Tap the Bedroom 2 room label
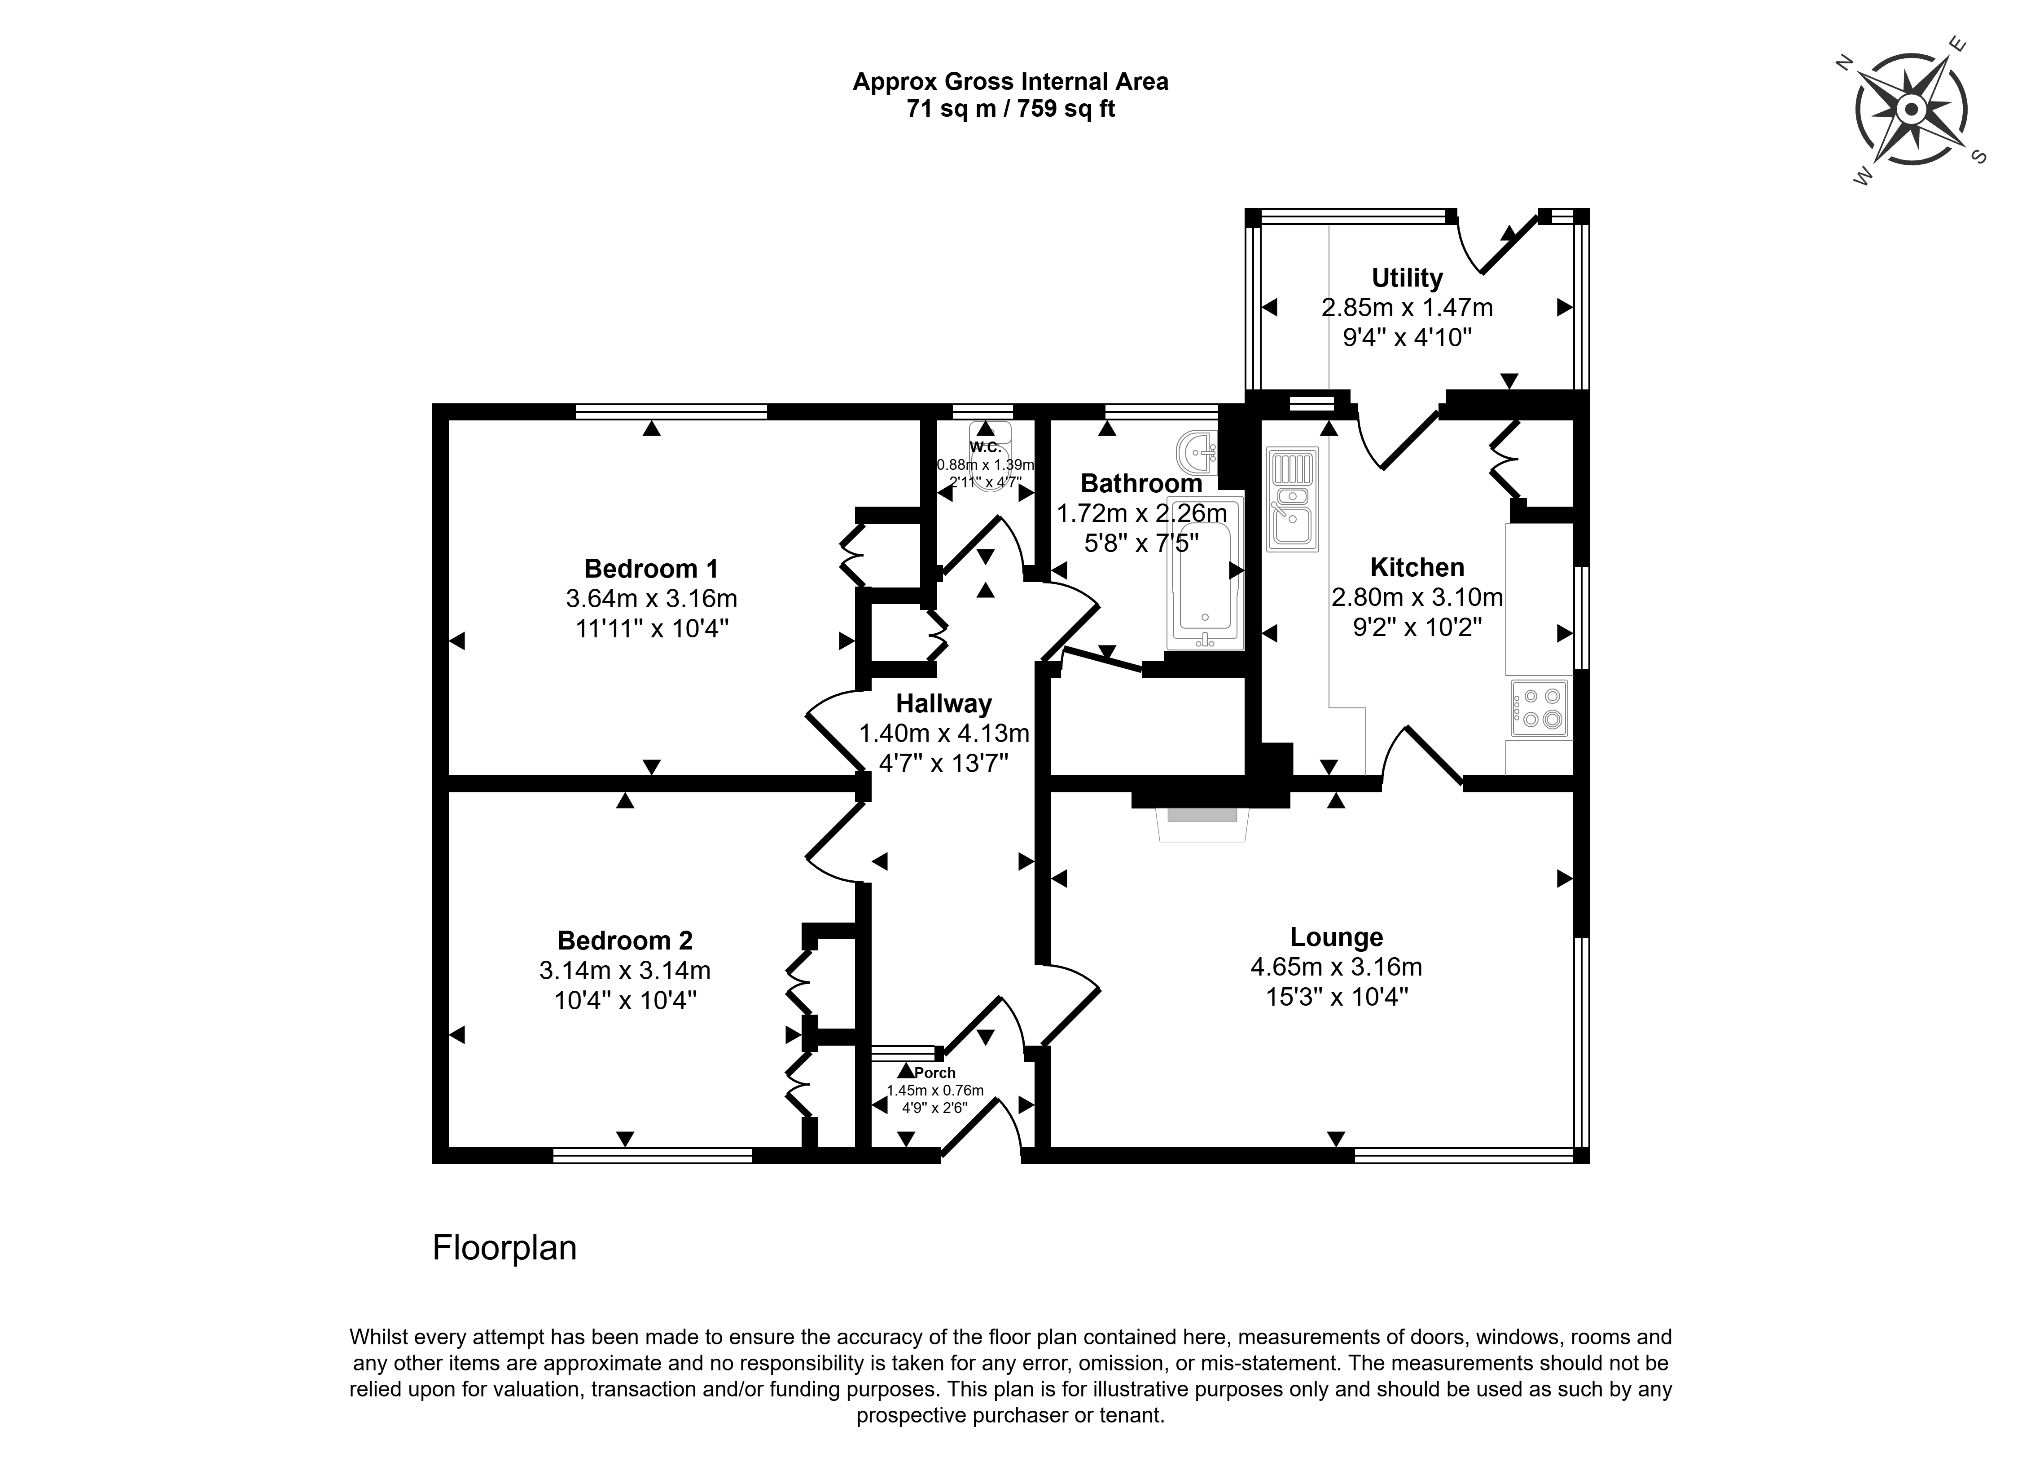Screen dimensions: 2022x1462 (x=625, y=940)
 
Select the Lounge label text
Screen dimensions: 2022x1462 (x=1337, y=936)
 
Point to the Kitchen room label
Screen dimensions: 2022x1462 (x=1417, y=567)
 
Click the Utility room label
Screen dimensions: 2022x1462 (x=1407, y=278)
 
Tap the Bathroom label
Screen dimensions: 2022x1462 (x=1141, y=483)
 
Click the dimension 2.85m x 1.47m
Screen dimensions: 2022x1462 (x=1407, y=308)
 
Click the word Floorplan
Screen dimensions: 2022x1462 (x=504, y=1247)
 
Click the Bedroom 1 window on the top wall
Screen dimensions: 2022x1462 (x=671, y=411)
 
